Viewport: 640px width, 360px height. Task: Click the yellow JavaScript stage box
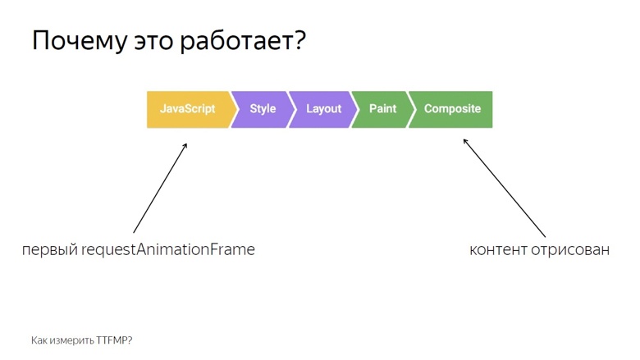pos(187,109)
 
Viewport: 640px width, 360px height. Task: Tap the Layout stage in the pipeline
pos(323,109)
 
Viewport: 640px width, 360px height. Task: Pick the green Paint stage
pos(382,109)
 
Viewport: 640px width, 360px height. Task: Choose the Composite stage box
pos(452,109)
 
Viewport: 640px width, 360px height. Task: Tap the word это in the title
pos(157,43)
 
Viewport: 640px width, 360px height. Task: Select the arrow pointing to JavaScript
pos(160,189)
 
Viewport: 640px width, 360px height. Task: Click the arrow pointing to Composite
pos(504,189)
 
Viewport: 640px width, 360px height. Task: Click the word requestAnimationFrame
pos(168,250)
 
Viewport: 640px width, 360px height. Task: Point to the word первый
pos(50,250)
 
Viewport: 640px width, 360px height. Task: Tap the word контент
pos(498,250)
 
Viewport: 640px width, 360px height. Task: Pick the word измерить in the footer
pos(71,339)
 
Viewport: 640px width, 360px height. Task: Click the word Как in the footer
pos(39,339)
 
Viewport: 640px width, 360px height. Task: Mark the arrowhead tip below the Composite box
pos(464,139)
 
